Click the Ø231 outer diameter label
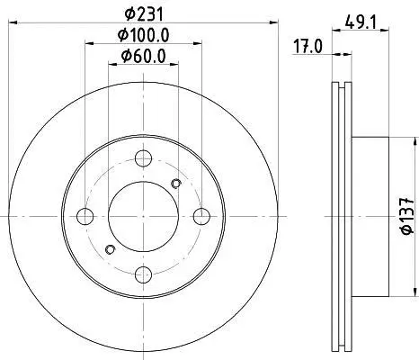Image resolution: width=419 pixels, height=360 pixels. click(x=144, y=14)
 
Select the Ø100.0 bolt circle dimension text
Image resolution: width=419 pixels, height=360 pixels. click(x=143, y=35)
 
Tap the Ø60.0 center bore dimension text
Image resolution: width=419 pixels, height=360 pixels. click(x=143, y=56)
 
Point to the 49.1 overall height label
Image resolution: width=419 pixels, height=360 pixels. click(x=361, y=22)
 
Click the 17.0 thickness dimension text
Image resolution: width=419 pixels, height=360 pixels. click(x=308, y=47)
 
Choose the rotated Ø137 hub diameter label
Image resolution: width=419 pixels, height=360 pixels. click(x=407, y=216)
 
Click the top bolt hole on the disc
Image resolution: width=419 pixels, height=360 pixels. click(x=143, y=158)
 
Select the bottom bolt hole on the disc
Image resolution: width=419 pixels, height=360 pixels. click(x=143, y=274)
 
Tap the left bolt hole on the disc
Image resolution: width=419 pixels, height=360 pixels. click(x=85, y=216)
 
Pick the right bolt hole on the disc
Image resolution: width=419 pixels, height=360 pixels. click(x=201, y=216)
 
